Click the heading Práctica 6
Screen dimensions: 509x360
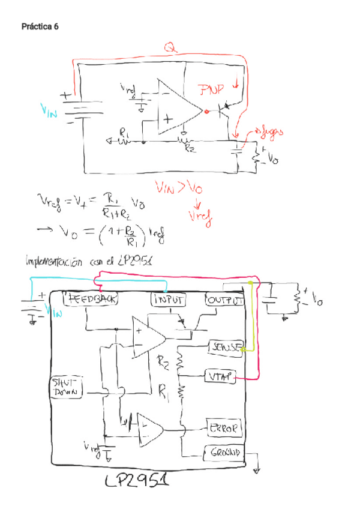pos(40,27)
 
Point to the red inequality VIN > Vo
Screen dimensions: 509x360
pos(179,188)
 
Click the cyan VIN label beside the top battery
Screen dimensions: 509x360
pos(49,110)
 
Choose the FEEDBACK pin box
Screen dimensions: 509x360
pos(92,298)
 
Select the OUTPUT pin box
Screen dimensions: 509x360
pos(224,298)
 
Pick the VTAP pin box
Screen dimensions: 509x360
pos(220,376)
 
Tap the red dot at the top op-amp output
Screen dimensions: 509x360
pos(206,111)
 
